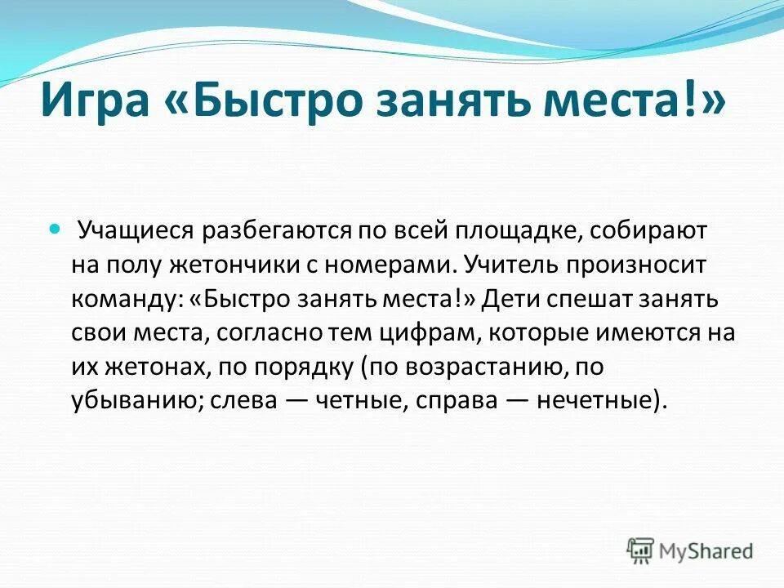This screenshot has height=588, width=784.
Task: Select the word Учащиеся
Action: click(x=134, y=231)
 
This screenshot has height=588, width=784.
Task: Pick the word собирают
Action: click(x=650, y=231)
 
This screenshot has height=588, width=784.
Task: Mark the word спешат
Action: click(x=590, y=300)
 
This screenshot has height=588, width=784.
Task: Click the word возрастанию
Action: click(x=481, y=368)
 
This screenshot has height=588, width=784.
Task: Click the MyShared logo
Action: click(x=690, y=550)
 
